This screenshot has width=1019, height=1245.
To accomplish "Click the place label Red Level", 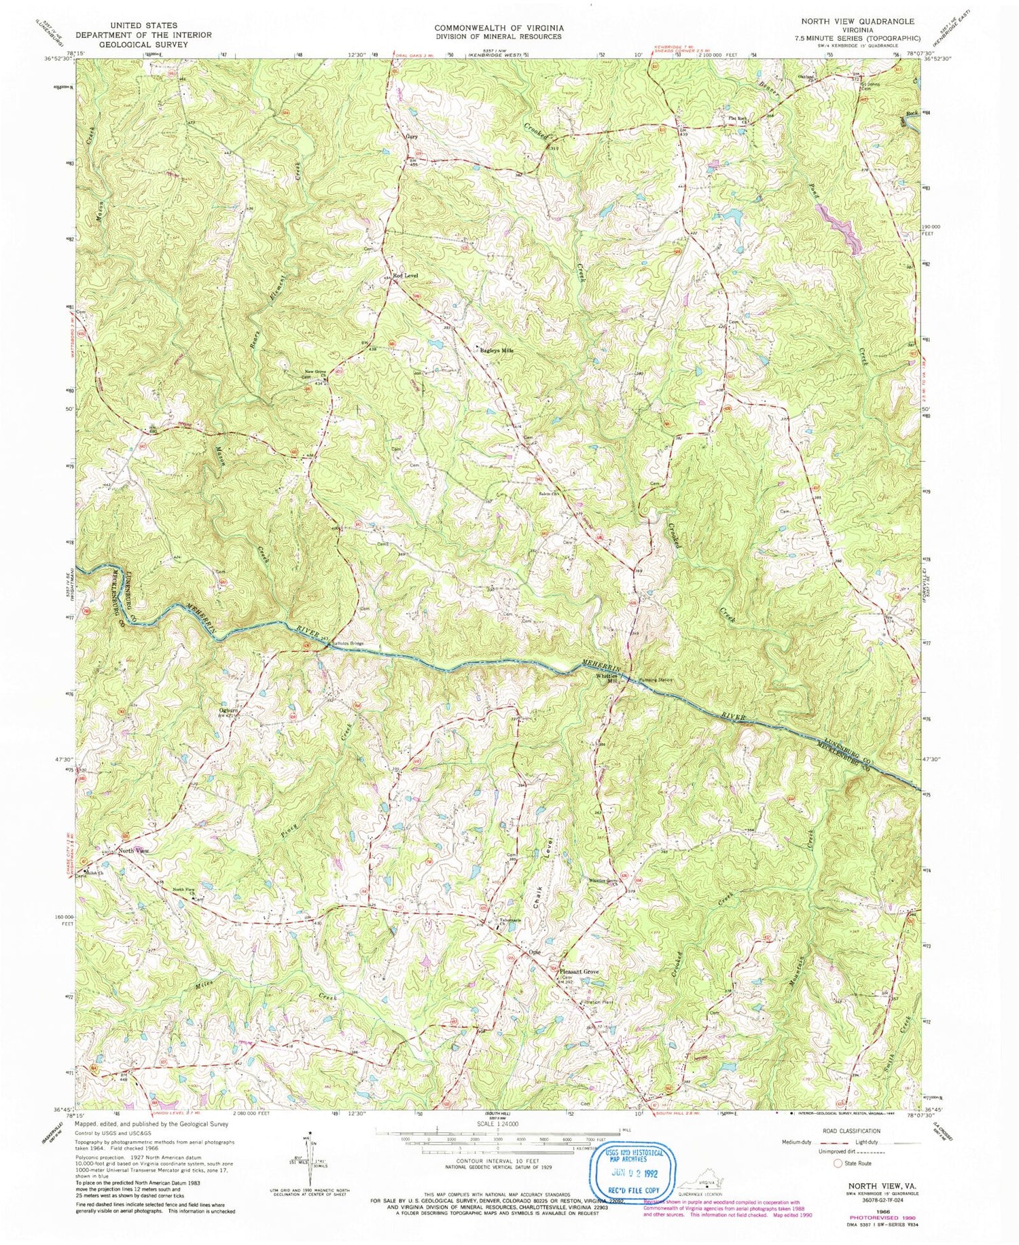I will (x=406, y=275).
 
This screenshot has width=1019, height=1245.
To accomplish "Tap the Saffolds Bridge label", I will (x=347, y=643).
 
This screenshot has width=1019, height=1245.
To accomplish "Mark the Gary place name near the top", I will (x=411, y=136).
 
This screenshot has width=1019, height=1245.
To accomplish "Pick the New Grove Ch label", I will (x=316, y=372).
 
